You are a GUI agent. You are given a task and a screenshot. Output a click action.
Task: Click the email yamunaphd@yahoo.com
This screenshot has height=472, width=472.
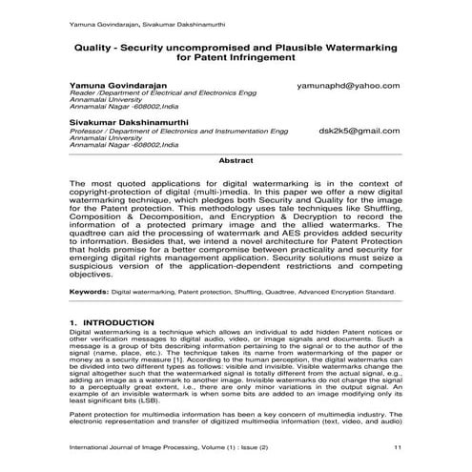pos(348,85)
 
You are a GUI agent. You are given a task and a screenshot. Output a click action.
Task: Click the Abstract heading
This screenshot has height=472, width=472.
pos(236,162)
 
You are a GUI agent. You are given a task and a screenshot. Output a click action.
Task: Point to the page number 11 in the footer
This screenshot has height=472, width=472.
pos(397,446)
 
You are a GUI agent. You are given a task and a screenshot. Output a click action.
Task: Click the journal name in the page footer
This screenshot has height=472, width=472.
pos(172,446)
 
